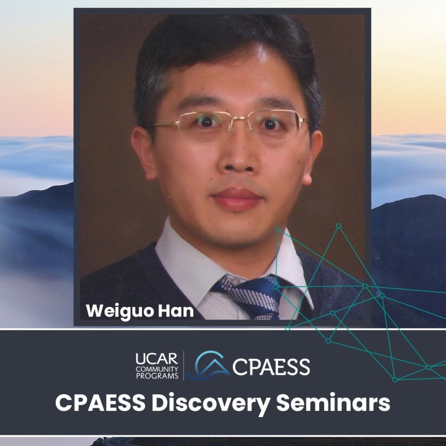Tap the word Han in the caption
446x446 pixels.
tap(176, 311)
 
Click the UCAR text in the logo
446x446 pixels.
tap(157, 359)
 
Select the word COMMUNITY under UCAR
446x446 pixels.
tap(157, 369)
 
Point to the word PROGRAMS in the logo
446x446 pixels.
tap(157, 376)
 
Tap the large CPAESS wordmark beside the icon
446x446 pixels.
tap(271, 367)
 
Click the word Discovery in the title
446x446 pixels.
tap(210, 403)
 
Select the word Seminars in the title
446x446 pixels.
tap(333, 403)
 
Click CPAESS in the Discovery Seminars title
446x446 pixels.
tap(100, 403)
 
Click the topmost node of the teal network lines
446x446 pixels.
tap(339, 226)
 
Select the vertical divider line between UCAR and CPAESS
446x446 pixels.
tap(184, 366)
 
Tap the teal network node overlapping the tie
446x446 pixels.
tap(275, 287)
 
